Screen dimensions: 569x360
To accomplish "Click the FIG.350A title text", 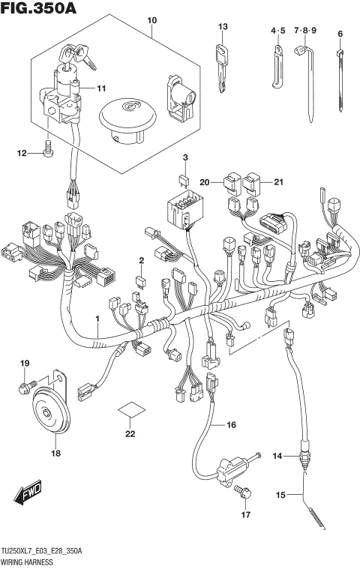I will [x=39, y=8].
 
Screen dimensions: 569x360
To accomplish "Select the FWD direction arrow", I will [x=27, y=495].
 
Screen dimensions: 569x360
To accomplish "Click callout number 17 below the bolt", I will [x=244, y=515].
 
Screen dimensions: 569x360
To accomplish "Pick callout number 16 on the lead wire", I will [x=232, y=425].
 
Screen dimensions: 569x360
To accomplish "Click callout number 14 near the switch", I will [x=277, y=456].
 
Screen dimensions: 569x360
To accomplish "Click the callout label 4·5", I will [x=278, y=31].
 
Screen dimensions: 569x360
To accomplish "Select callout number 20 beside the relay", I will [x=205, y=181].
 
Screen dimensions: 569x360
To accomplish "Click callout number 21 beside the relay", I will [x=279, y=181].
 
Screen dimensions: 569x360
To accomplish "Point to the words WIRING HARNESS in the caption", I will [x=25, y=560].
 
